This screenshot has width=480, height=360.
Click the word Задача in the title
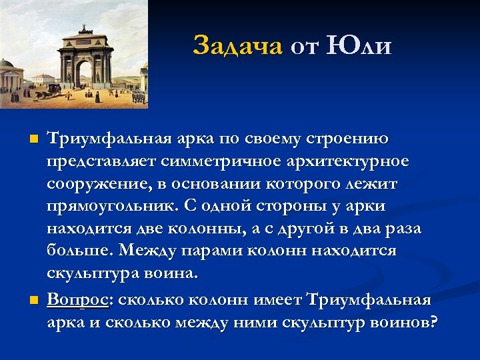(238, 46)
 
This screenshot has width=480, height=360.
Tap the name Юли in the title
(360, 46)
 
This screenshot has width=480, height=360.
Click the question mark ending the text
(433, 323)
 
